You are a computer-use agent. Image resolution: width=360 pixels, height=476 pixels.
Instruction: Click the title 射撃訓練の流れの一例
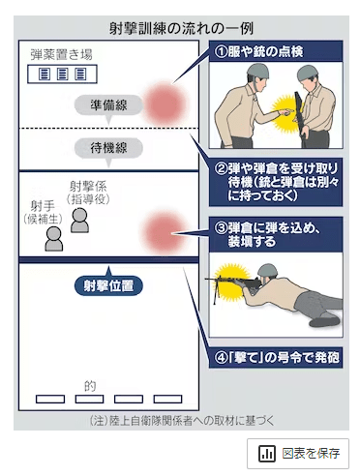181,29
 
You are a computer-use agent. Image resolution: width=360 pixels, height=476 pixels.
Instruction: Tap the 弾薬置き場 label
62,55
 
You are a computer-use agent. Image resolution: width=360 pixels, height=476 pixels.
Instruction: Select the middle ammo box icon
62,74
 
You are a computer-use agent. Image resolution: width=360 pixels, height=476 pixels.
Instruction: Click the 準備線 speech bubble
108,105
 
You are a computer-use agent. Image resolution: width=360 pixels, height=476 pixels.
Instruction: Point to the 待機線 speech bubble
108,148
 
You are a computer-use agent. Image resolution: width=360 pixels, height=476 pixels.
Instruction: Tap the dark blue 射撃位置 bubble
108,285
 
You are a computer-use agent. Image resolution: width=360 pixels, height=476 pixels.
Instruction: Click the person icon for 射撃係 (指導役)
79,221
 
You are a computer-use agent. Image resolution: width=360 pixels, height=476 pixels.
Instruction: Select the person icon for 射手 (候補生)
54,239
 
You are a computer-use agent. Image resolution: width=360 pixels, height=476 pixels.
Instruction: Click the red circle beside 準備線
165,104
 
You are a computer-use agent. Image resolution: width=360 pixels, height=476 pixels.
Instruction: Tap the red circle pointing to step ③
165,233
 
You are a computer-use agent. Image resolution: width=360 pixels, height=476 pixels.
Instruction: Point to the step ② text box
276,182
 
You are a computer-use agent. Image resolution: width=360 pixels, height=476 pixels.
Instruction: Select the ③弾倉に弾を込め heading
276,234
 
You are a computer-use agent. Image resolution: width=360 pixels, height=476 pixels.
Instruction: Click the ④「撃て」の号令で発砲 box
276,357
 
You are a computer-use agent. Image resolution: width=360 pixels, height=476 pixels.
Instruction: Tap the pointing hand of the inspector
286,112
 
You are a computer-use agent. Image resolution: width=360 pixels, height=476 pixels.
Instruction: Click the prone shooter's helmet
268,270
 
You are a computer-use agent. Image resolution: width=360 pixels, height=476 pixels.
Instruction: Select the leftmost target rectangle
50,399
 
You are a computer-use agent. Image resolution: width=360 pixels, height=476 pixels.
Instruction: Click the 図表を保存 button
298,454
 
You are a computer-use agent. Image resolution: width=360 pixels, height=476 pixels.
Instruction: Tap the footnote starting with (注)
181,421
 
